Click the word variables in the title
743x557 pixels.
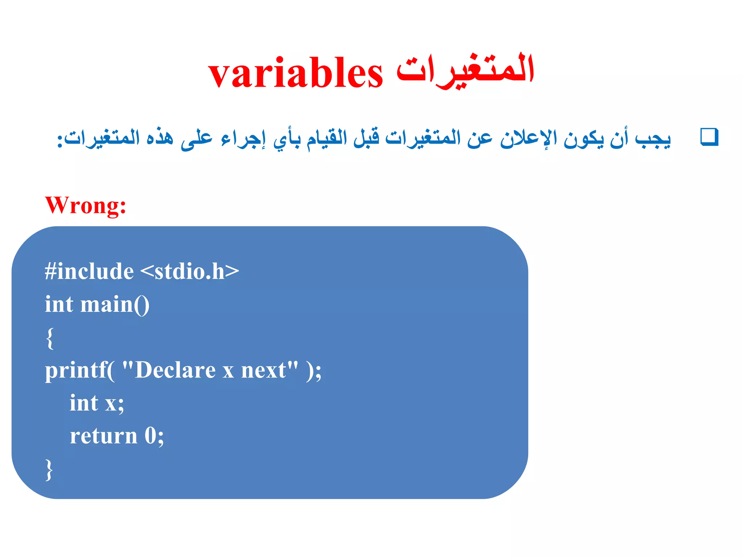[295, 74]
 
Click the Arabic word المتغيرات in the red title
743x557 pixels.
[465, 70]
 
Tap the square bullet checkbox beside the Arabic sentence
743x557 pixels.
[709, 137]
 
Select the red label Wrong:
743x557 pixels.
[86, 205]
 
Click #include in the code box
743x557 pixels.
[89, 272]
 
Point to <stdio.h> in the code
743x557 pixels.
[189, 272]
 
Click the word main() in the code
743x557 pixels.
[115, 305]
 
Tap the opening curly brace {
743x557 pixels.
[50, 338]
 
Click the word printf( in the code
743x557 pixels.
[79, 371]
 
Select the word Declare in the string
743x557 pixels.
[175, 371]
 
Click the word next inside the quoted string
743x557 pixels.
[264, 371]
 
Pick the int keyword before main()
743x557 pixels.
[59, 305]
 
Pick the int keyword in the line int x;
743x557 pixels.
[84, 403]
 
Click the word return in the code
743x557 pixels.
[103, 436]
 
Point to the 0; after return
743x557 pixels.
[154, 436]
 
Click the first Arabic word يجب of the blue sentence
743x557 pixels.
[653, 139]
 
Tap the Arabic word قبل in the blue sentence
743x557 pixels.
[366, 138]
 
